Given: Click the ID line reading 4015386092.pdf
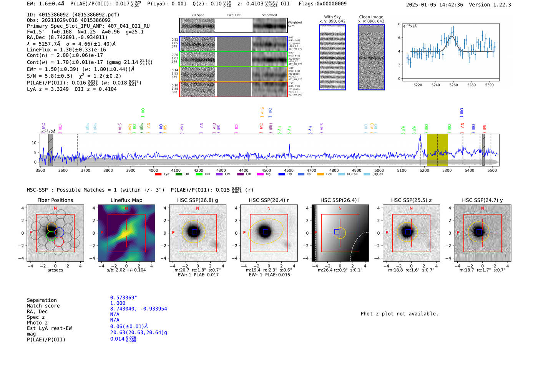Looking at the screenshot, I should click(73, 15).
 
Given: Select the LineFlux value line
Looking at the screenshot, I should click(66, 50).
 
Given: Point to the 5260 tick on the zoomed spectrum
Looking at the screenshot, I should click(453, 85).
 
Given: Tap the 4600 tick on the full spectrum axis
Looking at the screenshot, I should click(289, 170).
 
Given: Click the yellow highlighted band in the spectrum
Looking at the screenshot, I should click(437, 150).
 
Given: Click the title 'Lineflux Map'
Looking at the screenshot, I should click(126, 200).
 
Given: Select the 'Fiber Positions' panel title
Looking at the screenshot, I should click(55, 200).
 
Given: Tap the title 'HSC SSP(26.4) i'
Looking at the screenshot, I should click(340, 200).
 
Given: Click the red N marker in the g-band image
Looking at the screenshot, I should click(198, 209).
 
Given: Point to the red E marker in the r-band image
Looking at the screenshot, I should click(244, 233).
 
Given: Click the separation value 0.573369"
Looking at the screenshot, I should click(123, 298).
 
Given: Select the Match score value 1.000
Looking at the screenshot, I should click(118, 303).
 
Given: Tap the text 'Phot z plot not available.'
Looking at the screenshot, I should click(399, 314).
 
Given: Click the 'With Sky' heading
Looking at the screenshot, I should click(332, 17).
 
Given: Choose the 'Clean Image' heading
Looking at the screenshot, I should click(371, 17).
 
